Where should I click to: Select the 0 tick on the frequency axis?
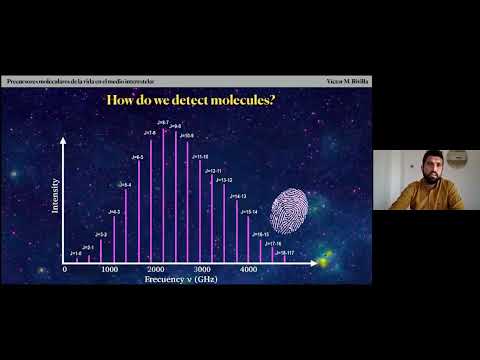(65, 270)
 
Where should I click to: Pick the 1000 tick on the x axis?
(109, 270)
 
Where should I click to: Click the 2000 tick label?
(155, 270)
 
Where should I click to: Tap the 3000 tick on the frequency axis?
(202, 270)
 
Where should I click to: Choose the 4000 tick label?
(248, 270)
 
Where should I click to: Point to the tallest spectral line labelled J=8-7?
(163, 190)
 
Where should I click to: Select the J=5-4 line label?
(125, 185)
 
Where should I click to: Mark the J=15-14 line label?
(249, 213)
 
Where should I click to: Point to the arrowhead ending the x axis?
(304, 262)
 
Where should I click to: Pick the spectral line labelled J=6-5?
(139, 210)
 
